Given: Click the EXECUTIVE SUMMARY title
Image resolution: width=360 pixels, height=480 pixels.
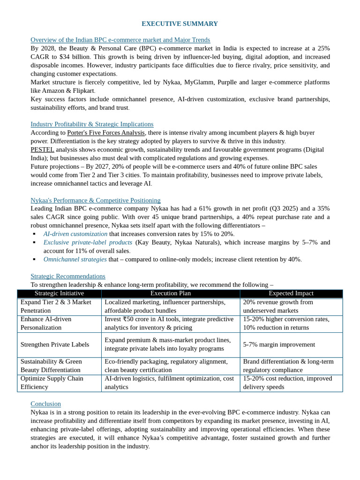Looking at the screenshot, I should [x=180, y=23].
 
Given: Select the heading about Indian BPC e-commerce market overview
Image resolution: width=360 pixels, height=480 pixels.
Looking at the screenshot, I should [x=120, y=40].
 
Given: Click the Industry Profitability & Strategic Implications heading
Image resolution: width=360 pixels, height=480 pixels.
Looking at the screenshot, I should [x=92, y=124].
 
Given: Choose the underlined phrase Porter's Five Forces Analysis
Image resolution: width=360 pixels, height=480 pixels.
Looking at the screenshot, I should [x=106, y=133].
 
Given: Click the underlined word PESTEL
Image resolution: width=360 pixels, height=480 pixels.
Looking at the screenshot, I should [x=42, y=150].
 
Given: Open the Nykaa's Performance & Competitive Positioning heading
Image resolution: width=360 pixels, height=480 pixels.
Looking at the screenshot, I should [x=96, y=200].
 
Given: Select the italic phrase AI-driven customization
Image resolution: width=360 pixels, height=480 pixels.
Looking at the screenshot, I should [x=75, y=234].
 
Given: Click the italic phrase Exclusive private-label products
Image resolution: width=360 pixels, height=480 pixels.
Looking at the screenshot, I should [x=88, y=242].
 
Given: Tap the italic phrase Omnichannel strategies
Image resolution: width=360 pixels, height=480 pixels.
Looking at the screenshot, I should [x=75, y=259].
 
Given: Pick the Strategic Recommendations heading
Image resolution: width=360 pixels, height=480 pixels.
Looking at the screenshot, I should [x=68, y=276].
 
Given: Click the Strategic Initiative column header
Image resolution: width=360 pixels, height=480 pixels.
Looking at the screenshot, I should [x=59, y=293].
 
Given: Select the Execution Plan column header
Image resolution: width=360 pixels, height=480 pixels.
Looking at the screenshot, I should [x=171, y=293].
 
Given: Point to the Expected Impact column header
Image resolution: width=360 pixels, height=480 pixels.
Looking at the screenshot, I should [x=291, y=293].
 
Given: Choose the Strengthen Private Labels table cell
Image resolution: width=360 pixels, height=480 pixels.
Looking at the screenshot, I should [x=55, y=345].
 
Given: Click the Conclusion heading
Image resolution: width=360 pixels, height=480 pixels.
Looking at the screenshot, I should [x=46, y=404].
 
